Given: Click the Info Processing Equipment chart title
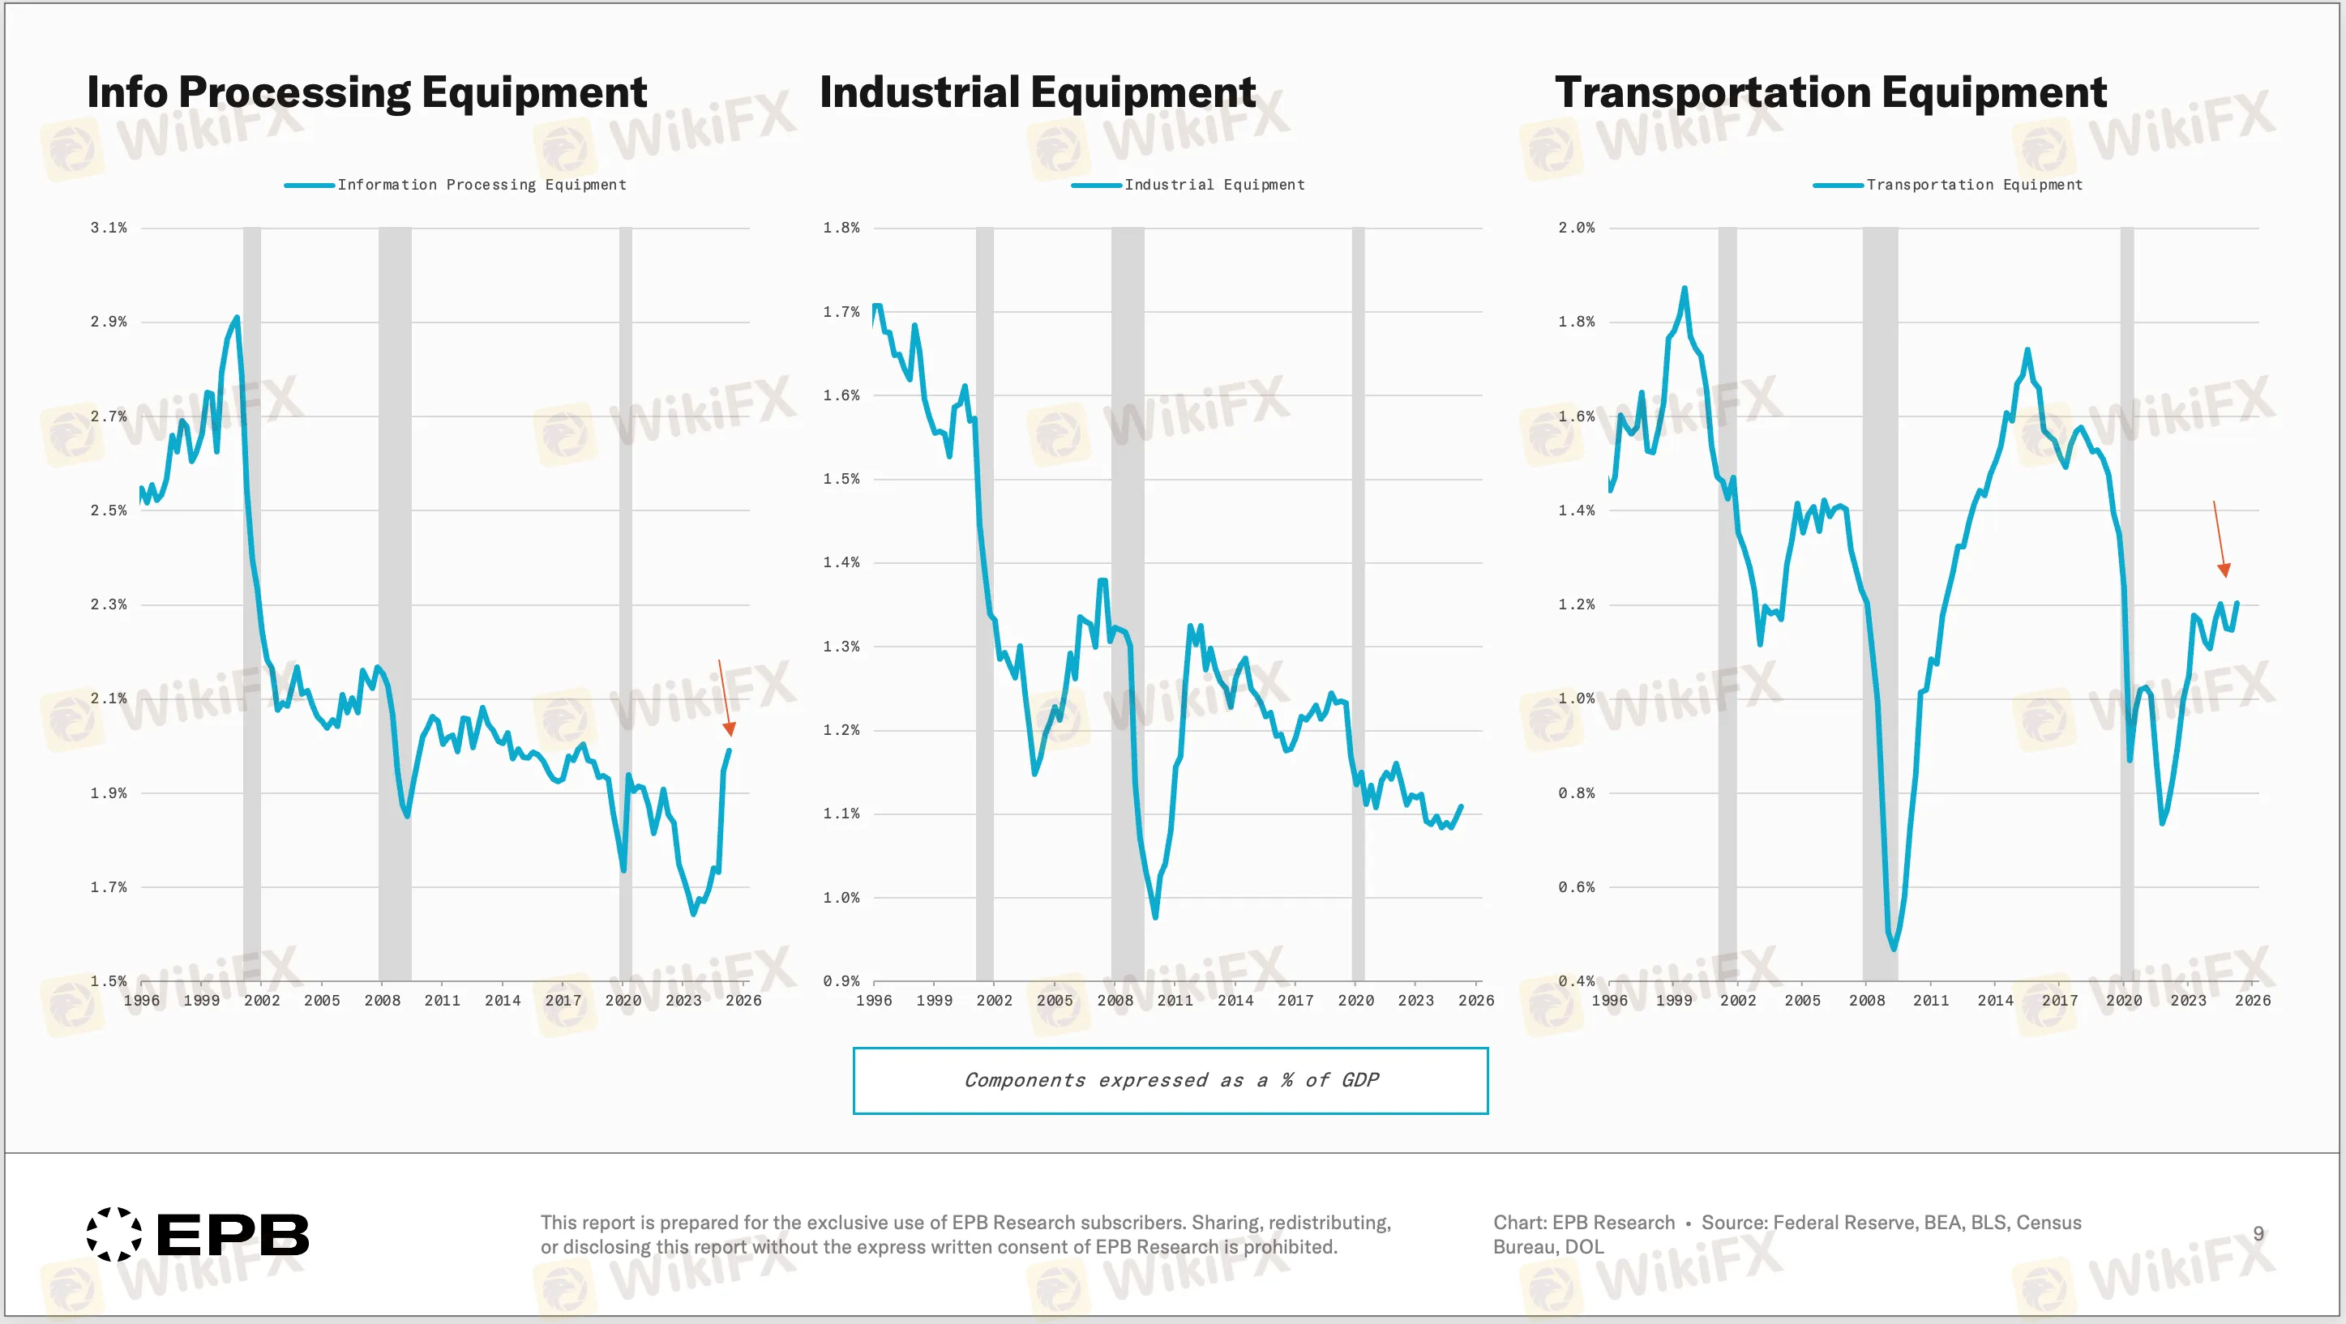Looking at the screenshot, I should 366,93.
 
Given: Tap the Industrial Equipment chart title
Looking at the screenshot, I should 1038,93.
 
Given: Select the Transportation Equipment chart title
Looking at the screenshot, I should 1830,93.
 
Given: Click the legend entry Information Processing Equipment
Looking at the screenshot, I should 481,185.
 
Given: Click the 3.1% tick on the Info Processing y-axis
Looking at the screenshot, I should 109,228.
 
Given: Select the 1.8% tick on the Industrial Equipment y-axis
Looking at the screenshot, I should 841,228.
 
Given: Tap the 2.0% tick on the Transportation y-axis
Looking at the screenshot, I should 1576,228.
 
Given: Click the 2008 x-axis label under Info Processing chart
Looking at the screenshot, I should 382,1000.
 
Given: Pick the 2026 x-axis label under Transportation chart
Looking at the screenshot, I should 2251,1000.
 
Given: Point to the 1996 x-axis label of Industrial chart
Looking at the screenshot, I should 873,1000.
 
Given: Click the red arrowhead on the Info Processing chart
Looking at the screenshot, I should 729,729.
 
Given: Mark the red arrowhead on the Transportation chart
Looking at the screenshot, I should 2224,571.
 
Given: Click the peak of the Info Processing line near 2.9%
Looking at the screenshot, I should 237,318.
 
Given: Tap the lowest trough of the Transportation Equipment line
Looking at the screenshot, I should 1894,948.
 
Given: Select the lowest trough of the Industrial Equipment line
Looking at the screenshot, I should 1155,916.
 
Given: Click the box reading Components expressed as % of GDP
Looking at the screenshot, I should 1171,1080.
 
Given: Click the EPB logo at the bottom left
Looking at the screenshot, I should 198,1235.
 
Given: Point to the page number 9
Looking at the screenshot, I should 2258,1233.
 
